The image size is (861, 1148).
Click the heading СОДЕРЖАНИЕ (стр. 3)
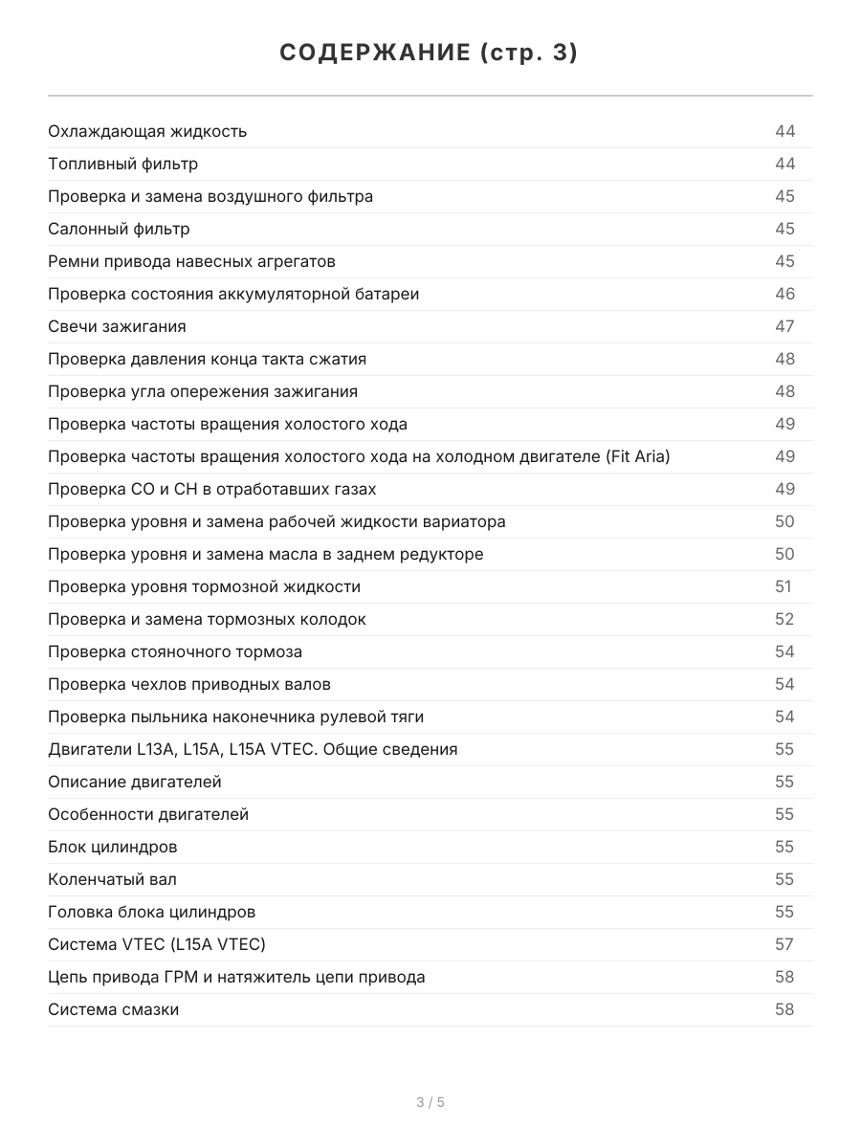click(430, 54)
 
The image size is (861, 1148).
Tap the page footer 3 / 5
click(430, 1102)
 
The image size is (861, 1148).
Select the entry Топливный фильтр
click(123, 164)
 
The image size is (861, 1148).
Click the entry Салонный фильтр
click(119, 229)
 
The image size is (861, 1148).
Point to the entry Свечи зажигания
click(117, 326)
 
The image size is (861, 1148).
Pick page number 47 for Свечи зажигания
click(784, 326)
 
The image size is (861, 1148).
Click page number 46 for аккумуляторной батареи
click(784, 294)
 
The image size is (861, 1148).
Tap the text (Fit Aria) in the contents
click(638, 456)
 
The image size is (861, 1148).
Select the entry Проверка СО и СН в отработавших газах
click(211, 489)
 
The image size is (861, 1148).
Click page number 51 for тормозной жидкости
click(784, 586)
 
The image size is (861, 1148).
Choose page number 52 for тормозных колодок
click(784, 619)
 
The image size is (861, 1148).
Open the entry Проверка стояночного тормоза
click(175, 651)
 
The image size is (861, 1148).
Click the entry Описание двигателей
click(135, 782)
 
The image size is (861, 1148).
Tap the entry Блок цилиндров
click(112, 847)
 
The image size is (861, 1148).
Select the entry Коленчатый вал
click(112, 879)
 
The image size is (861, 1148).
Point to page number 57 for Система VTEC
click(784, 944)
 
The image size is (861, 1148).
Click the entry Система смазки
click(113, 1009)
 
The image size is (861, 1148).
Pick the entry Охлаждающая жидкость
click(147, 131)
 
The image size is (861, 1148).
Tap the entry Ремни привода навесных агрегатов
click(191, 261)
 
